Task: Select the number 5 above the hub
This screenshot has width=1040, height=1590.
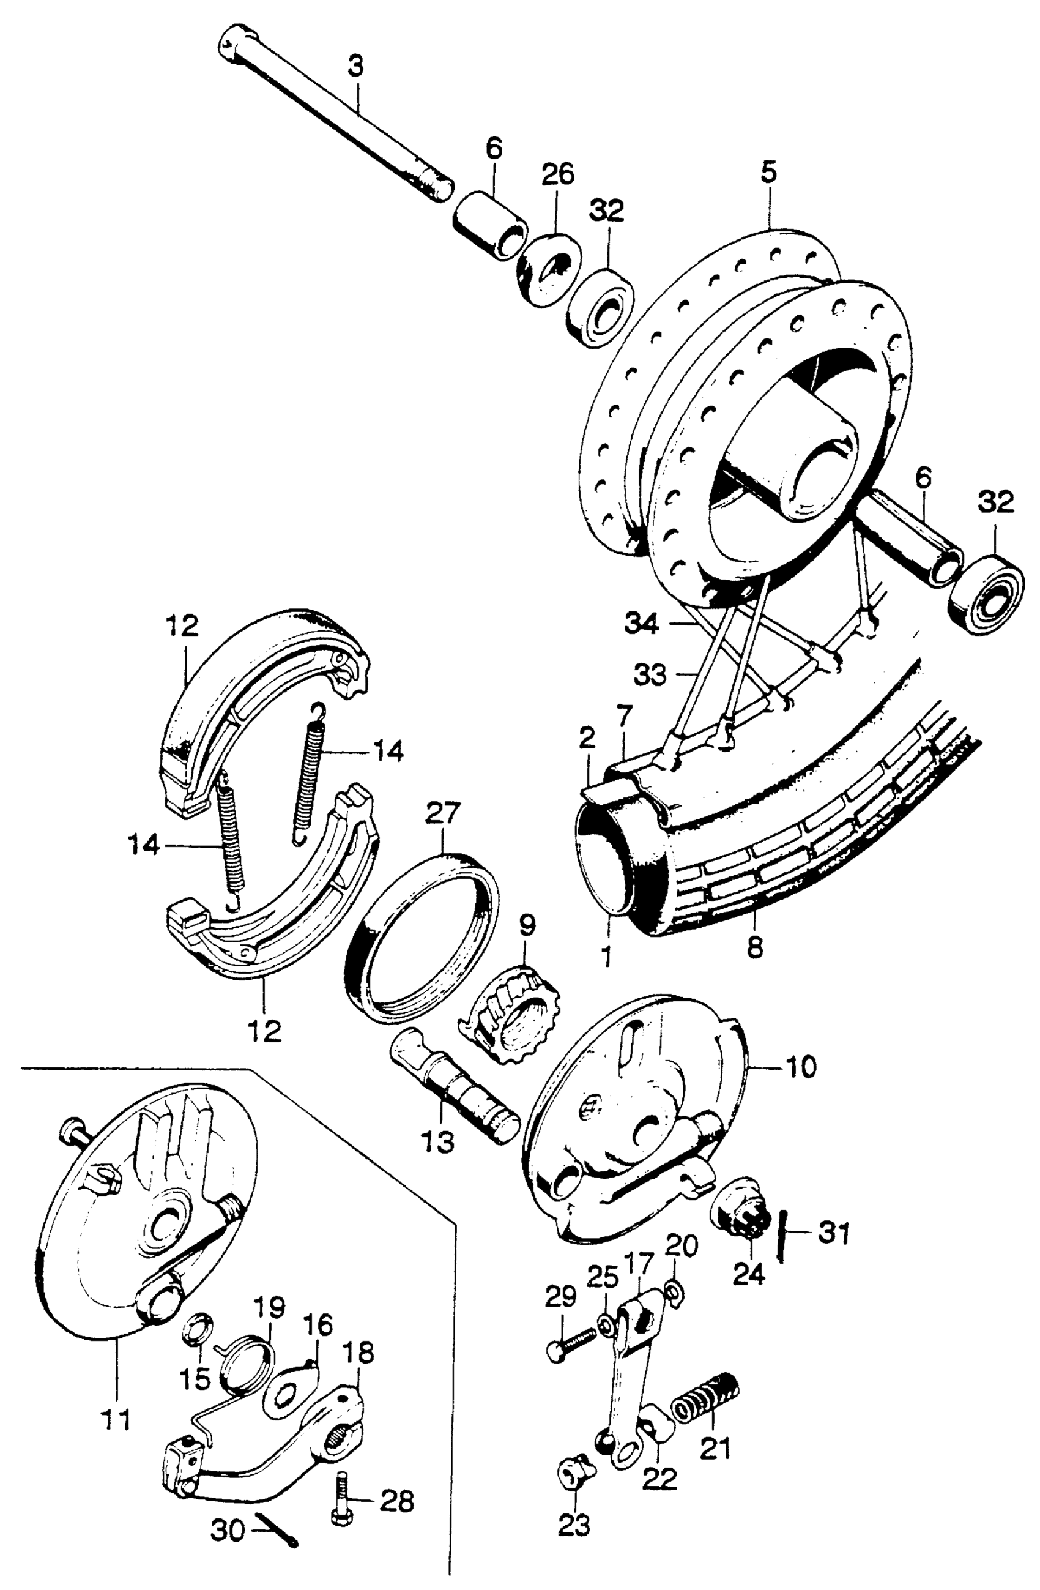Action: pos(768,173)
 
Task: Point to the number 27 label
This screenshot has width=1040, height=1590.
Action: pos(443,815)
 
